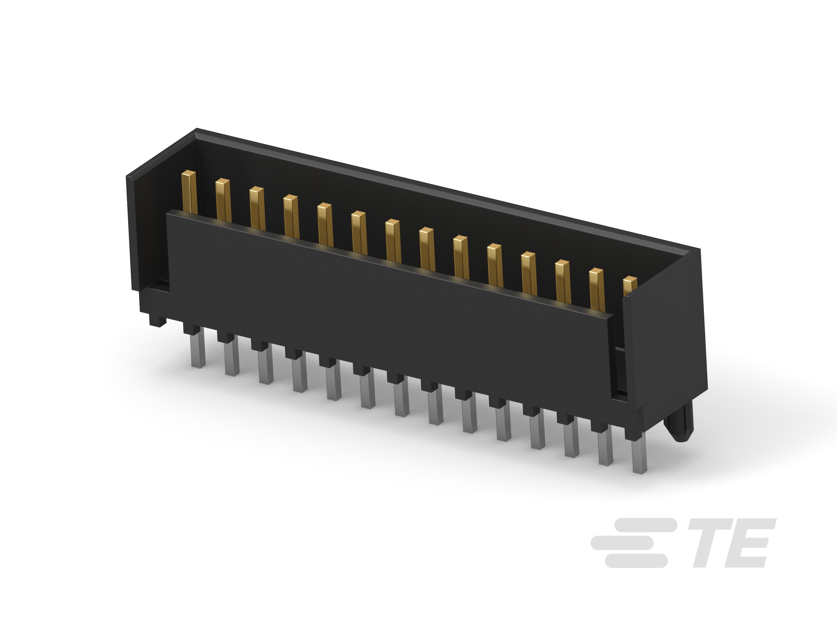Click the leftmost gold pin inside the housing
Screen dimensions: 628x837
tap(189, 192)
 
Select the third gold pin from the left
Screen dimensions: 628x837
tap(257, 208)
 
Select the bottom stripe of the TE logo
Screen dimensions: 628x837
tap(636, 561)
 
